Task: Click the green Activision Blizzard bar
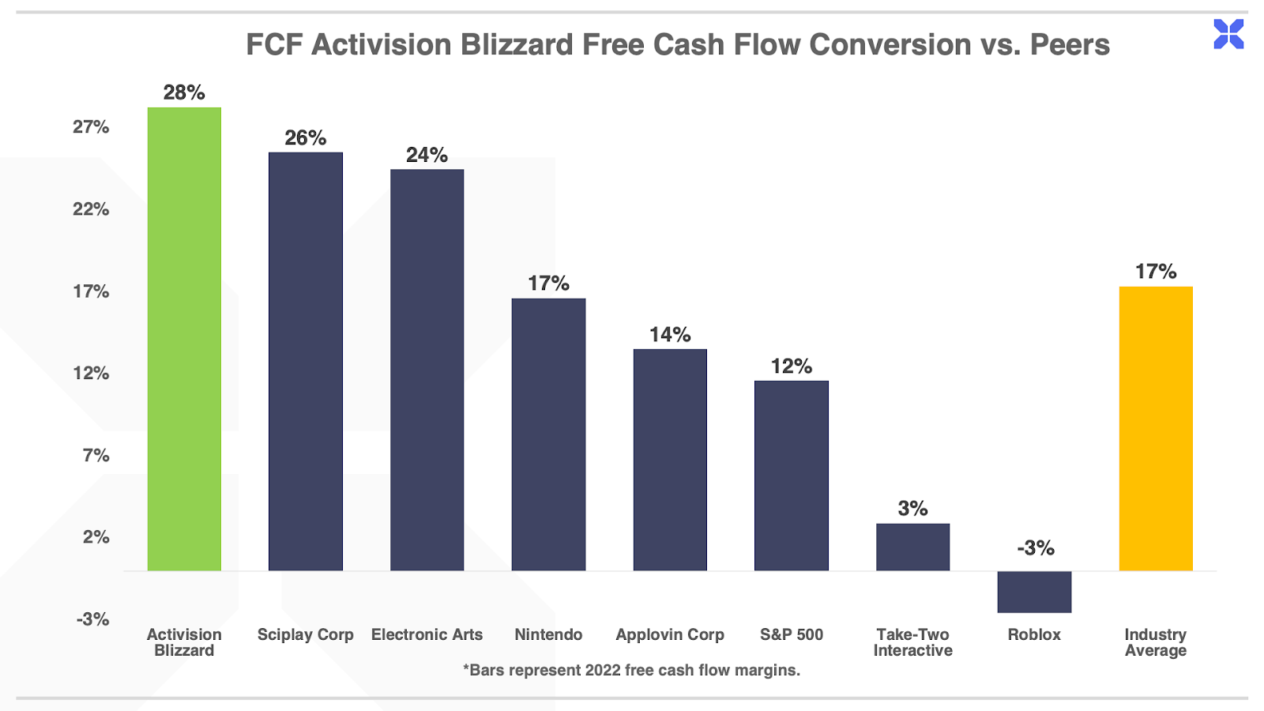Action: [184, 339]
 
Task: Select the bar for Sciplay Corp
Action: [305, 362]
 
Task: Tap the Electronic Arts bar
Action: [427, 371]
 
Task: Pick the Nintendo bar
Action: [548, 434]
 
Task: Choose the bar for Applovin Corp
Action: [670, 460]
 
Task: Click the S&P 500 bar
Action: [791, 476]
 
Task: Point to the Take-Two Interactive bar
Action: [913, 547]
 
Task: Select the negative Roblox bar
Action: [1034, 592]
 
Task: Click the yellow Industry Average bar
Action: [1156, 429]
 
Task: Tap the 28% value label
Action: [184, 92]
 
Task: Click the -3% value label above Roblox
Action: [1036, 548]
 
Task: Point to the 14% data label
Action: [670, 335]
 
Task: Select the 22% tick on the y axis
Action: [91, 209]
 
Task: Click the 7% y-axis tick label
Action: [96, 455]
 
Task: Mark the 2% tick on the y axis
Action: [96, 537]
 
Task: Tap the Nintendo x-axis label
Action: [548, 635]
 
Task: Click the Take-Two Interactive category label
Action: [913, 643]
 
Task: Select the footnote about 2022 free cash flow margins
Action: [631, 671]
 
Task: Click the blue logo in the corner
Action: [1228, 34]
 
